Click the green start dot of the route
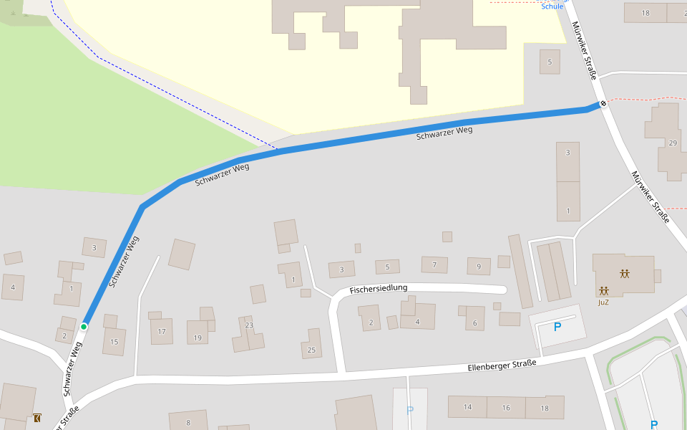84,327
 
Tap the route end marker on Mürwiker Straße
603,103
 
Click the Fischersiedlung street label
379,289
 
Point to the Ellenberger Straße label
502,365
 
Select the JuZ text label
603,302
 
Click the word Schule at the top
552,6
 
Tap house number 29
672,143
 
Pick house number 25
311,350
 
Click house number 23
249,325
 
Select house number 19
198,338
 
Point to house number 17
162,331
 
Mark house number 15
114,342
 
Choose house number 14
467,407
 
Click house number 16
506,407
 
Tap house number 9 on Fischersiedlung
479,267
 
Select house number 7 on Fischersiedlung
434,265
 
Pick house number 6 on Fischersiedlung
474,323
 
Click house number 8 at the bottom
188,422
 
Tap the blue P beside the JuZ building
557,327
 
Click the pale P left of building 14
410,410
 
